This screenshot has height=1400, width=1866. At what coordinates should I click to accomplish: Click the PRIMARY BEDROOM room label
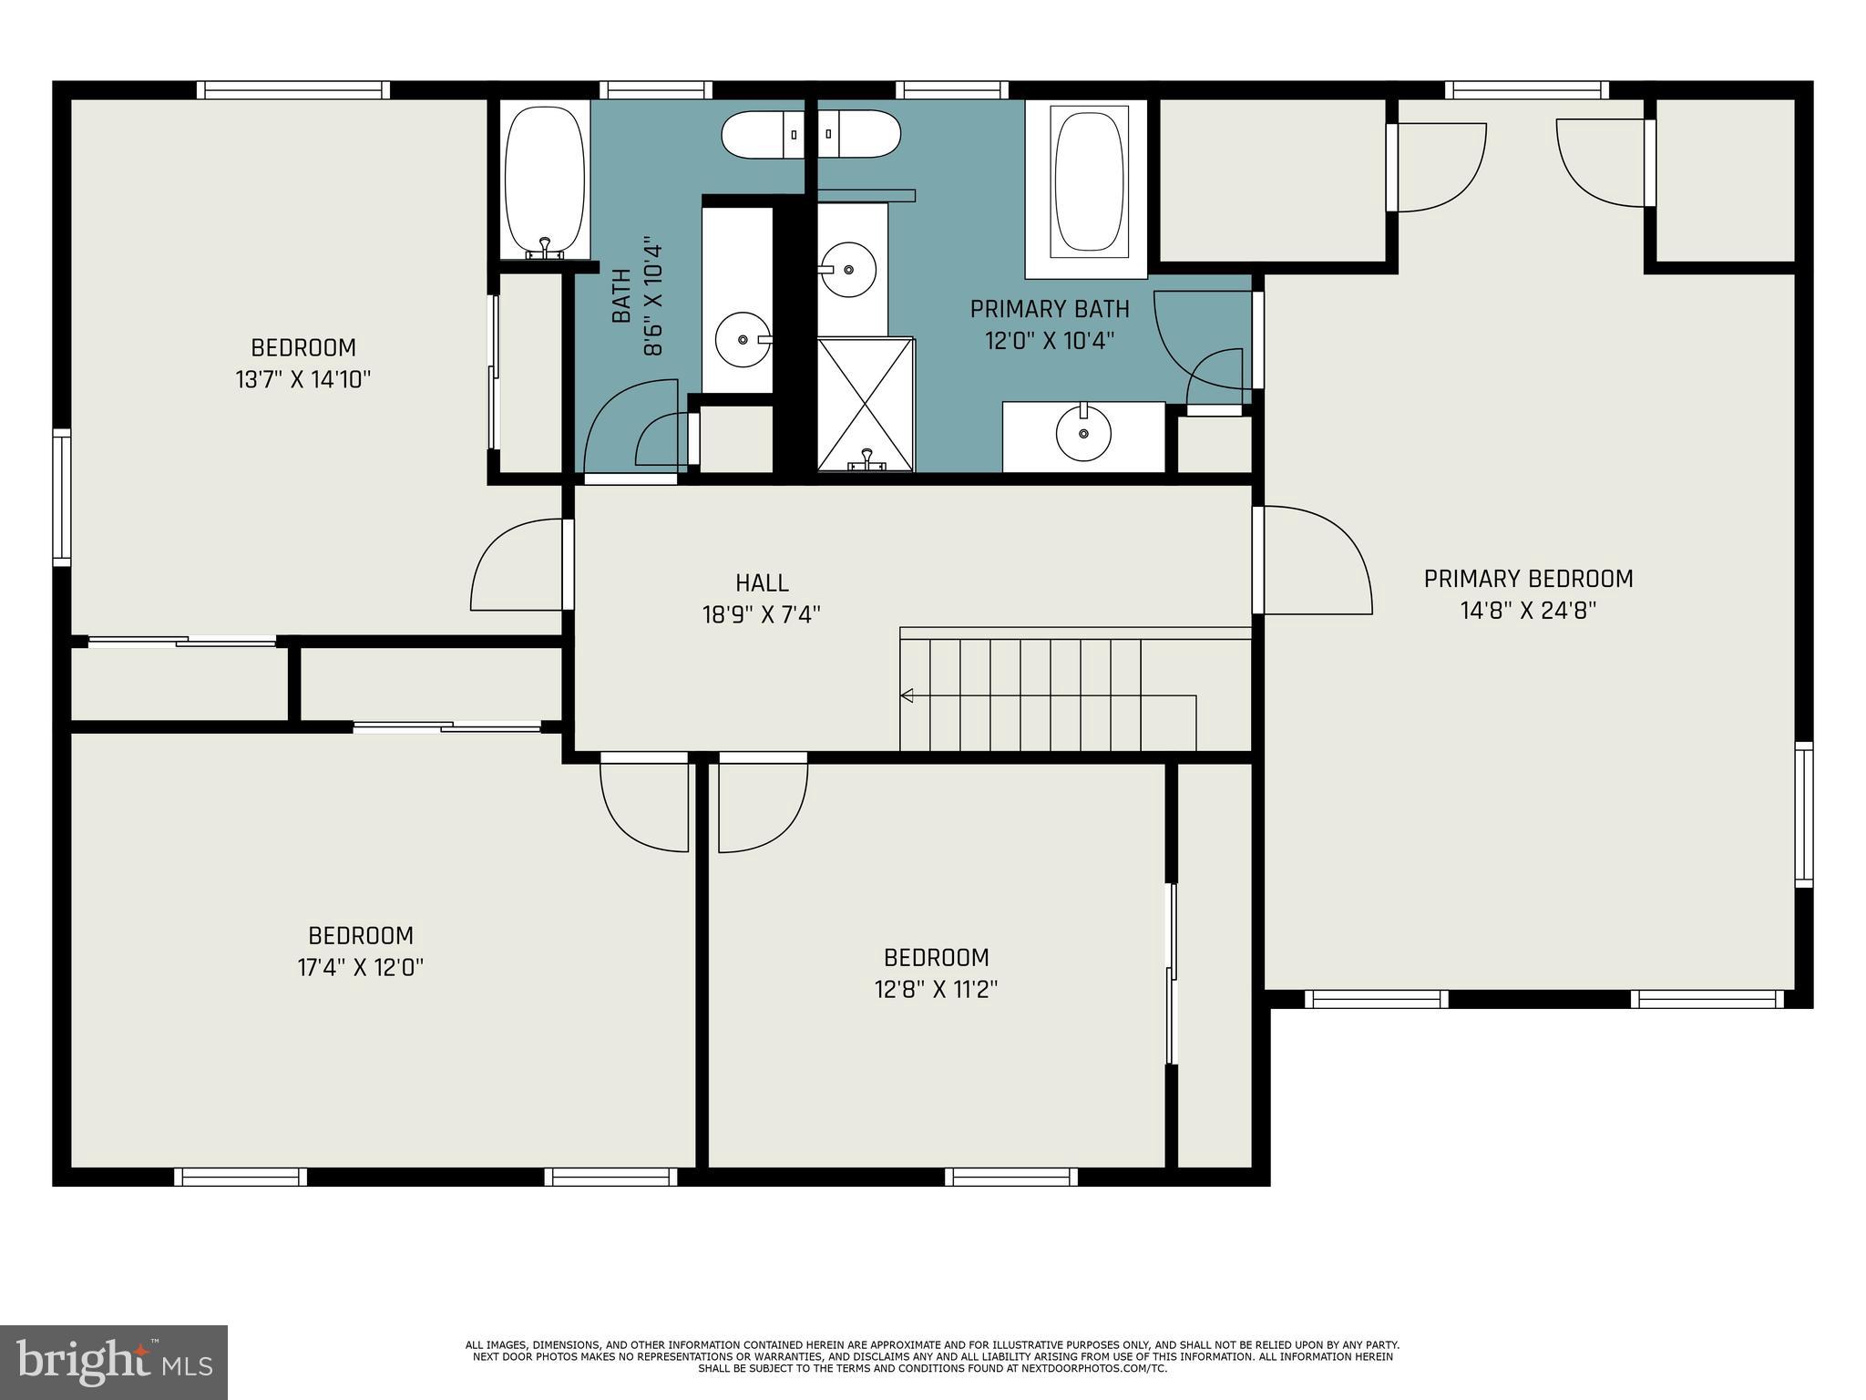pyautogui.click(x=1528, y=579)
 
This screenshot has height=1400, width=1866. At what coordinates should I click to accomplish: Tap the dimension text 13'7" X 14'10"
pyautogui.click(x=303, y=379)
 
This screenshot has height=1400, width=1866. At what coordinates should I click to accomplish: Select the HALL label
pyautogui.click(x=762, y=582)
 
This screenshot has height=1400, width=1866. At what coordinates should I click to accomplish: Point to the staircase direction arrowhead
pyautogui.click(x=907, y=695)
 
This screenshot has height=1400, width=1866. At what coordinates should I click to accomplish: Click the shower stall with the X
pyautogui.click(x=866, y=405)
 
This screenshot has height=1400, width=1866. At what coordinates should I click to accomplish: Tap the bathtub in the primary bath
pyautogui.click(x=1087, y=181)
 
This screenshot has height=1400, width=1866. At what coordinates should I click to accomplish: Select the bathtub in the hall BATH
pyautogui.click(x=544, y=181)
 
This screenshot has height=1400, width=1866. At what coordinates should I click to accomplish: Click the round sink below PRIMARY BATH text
pyautogui.click(x=1083, y=434)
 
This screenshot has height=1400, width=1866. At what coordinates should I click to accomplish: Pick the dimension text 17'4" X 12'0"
pyautogui.click(x=361, y=967)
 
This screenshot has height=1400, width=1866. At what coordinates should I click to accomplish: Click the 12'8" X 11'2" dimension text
pyautogui.click(x=937, y=989)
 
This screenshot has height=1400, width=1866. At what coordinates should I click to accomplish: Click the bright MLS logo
pyautogui.click(x=114, y=1363)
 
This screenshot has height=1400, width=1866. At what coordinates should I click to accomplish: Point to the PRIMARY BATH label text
pyautogui.click(x=1050, y=309)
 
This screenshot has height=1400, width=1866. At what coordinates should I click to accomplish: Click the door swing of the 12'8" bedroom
pyautogui.click(x=762, y=802)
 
